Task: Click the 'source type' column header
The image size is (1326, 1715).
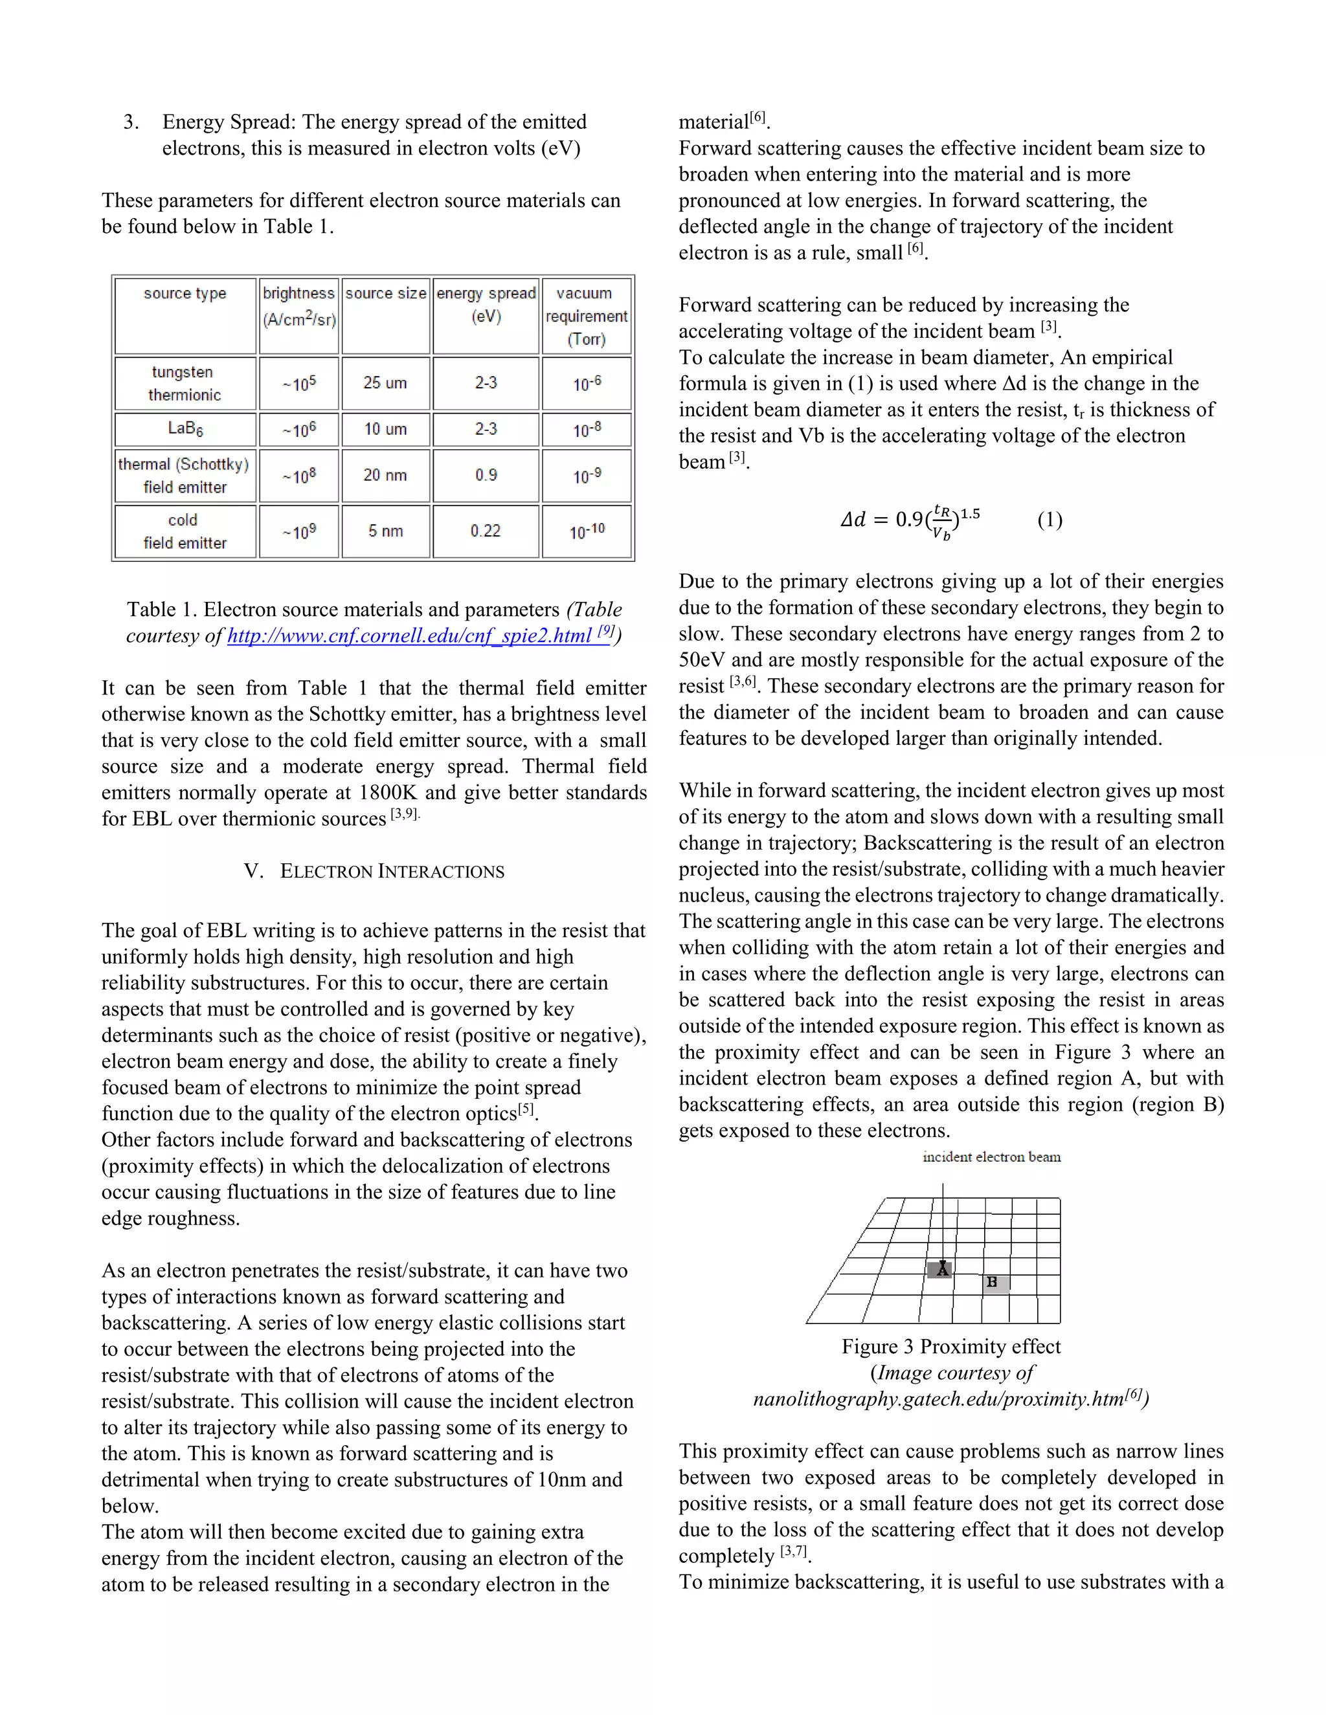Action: (x=185, y=294)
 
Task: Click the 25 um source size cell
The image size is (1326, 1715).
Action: (x=385, y=383)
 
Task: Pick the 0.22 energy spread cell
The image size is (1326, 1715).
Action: (x=486, y=531)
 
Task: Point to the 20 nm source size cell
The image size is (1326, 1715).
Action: (x=385, y=475)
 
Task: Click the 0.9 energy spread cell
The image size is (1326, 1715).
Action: (x=486, y=475)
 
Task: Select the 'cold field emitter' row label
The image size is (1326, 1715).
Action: (x=185, y=531)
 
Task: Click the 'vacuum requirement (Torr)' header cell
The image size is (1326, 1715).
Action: (x=586, y=316)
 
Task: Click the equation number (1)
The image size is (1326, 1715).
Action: (x=1050, y=520)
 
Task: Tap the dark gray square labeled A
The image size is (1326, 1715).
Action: (x=940, y=1270)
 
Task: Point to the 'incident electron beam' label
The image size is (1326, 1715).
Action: (x=991, y=1156)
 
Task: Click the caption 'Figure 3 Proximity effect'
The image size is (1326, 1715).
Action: (x=950, y=1347)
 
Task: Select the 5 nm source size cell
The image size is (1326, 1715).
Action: (x=385, y=531)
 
